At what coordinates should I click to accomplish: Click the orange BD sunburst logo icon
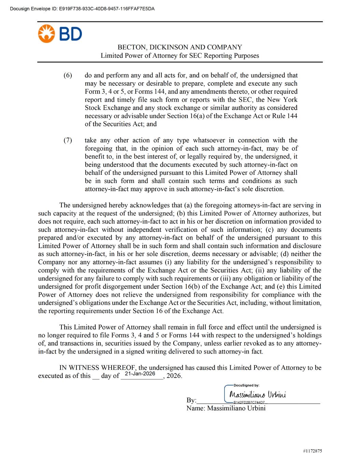click(x=46, y=34)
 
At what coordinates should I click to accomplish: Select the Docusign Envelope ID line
click(x=82, y=9)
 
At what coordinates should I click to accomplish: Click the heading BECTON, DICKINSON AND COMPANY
click(x=180, y=47)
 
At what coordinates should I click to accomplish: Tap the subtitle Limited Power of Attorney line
click(x=180, y=56)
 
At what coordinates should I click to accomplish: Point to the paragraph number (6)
click(x=68, y=75)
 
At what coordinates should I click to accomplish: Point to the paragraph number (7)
click(x=68, y=140)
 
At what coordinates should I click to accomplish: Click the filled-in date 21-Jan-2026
click(x=140, y=374)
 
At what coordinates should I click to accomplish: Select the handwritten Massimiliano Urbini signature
click(x=258, y=395)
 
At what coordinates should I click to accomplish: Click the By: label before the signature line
click(x=191, y=400)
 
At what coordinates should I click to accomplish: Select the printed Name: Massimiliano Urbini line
click(x=226, y=408)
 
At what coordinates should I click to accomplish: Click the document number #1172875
click(x=312, y=451)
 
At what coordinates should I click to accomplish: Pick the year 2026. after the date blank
click(x=174, y=376)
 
